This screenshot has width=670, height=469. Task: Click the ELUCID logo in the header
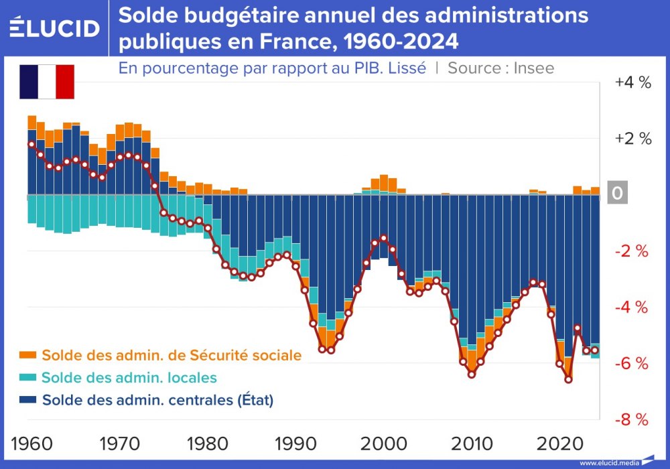coord(55,27)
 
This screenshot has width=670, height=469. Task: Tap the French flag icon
coord(46,82)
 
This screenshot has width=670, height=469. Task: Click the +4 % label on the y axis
coord(632,82)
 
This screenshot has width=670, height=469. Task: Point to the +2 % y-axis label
coord(632,139)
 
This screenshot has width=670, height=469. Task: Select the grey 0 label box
coord(617,194)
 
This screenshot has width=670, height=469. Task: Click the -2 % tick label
coord(632,251)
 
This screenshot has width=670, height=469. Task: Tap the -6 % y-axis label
coord(632,364)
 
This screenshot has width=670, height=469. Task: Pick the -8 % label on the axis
coord(632,420)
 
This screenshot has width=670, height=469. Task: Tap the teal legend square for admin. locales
coord(27,378)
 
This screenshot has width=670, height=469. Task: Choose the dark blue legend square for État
coord(27,401)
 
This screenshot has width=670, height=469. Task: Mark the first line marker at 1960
coord(31,144)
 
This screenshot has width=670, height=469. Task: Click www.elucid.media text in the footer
coord(609,463)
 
